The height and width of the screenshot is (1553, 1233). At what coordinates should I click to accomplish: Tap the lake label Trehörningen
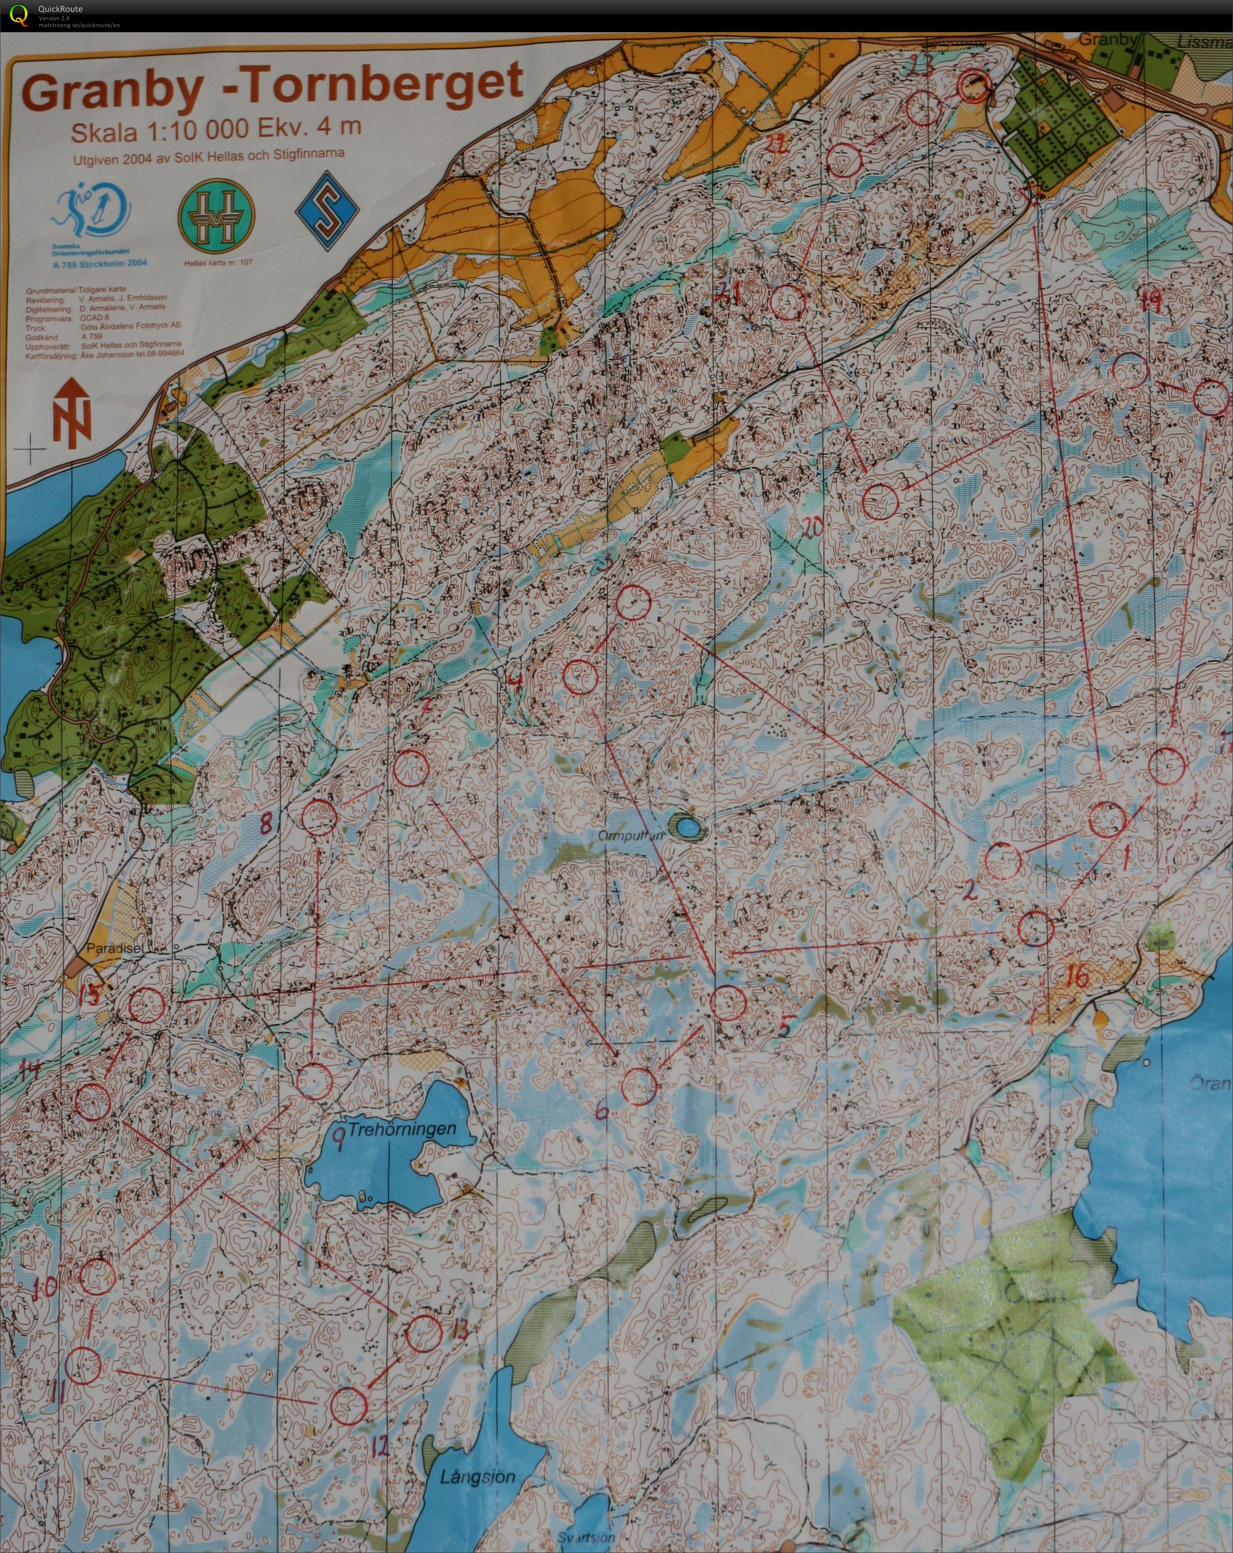(x=402, y=1129)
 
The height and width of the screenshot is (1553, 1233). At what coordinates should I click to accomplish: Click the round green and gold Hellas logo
(x=216, y=212)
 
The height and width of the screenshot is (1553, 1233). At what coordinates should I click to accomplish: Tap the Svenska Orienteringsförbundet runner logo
(x=90, y=215)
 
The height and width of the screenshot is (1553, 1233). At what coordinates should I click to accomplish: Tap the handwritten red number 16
(x=1076, y=977)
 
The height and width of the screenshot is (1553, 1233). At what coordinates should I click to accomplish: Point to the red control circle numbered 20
(x=880, y=502)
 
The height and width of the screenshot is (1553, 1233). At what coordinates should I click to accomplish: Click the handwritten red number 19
(x=1151, y=301)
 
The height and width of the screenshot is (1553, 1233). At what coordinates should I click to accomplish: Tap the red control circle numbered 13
(x=424, y=1332)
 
